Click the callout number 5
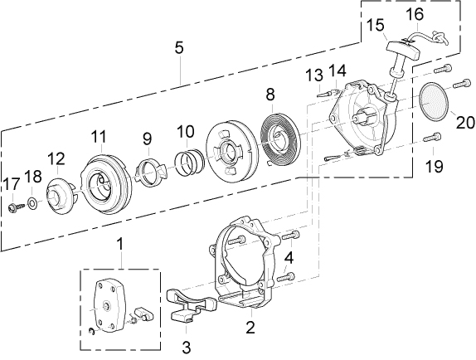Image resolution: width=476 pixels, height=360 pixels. click(179, 48)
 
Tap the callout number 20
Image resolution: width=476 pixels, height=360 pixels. click(465, 122)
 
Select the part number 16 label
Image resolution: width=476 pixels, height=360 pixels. click(415, 14)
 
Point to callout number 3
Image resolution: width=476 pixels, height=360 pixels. click(186, 347)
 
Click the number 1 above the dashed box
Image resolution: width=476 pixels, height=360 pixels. click(120, 245)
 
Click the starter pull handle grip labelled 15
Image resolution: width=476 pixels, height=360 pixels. click(403, 50)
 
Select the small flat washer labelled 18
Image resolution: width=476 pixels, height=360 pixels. click(32, 203)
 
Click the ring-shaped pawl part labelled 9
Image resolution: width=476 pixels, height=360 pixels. click(149, 173)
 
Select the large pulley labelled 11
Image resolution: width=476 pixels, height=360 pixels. click(106, 183)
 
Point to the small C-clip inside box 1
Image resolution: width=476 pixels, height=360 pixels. click(92, 332)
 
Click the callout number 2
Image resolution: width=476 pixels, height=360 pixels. click(250, 328)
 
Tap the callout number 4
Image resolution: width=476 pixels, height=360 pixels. click(289, 259)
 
